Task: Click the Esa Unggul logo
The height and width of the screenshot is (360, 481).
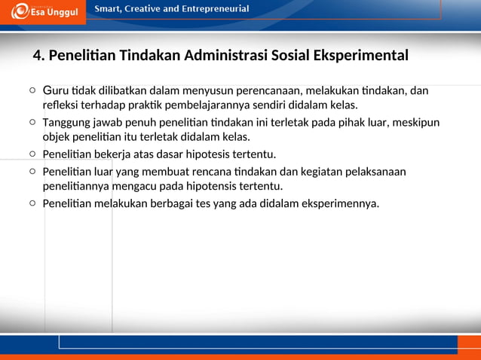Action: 46,11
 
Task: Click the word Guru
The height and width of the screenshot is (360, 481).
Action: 55,91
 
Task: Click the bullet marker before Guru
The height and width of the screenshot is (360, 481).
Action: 32,91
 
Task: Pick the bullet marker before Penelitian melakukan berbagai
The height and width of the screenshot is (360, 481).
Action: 32,203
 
